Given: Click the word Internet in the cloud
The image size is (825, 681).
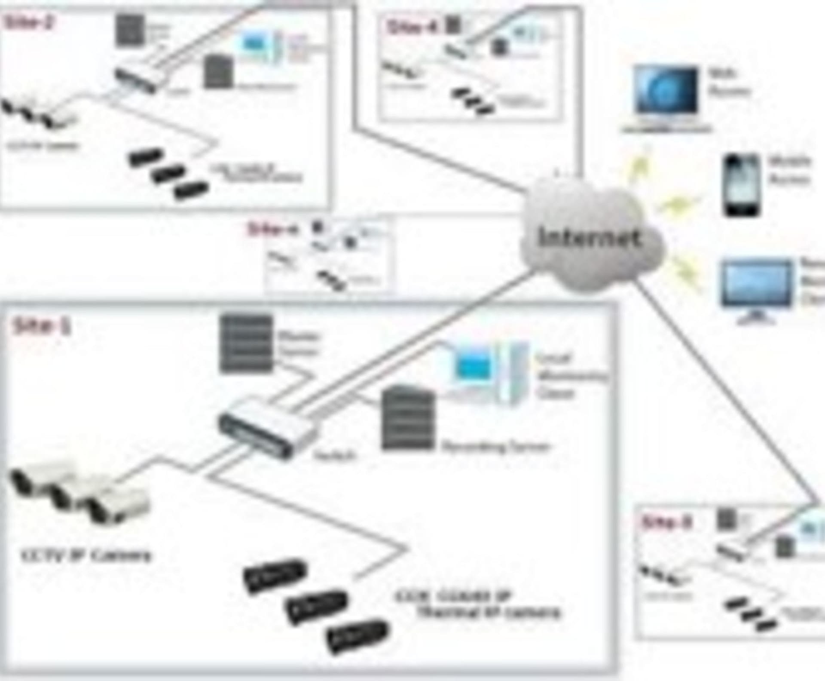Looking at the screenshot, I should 590,238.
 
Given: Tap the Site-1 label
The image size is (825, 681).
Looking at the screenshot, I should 42,326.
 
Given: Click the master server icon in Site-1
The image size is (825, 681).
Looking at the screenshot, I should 246,344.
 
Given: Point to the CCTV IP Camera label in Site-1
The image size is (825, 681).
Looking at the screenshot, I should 86,556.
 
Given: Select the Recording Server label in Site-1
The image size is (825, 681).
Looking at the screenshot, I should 495,447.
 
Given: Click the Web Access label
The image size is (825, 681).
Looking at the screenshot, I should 728,82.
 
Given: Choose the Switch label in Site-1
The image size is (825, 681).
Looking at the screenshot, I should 335,455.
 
